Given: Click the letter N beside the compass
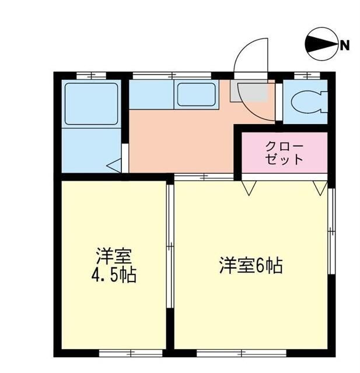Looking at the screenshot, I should pyautogui.click(x=345, y=45).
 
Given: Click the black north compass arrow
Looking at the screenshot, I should pyautogui.click(x=320, y=45).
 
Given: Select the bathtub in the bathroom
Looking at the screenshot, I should pyautogui.click(x=91, y=104).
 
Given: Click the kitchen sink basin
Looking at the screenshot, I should pyautogui.click(x=196, y=94).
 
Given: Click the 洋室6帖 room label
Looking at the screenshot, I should pyautogui.click(x=251, y=266).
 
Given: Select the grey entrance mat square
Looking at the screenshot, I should pyautogui.click(x=250, y=92).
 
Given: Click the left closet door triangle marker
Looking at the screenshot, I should pyautogui.click(x=249, y=187).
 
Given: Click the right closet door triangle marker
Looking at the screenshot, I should pyautogui.click(x=320, y=187).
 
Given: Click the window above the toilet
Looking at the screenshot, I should pyautogui.click(x=307, y=75).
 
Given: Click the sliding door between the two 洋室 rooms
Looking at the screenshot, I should pyautogui.click(x=169, y=248).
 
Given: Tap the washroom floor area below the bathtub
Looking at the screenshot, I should pyautogui.click(x=91, y=149).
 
